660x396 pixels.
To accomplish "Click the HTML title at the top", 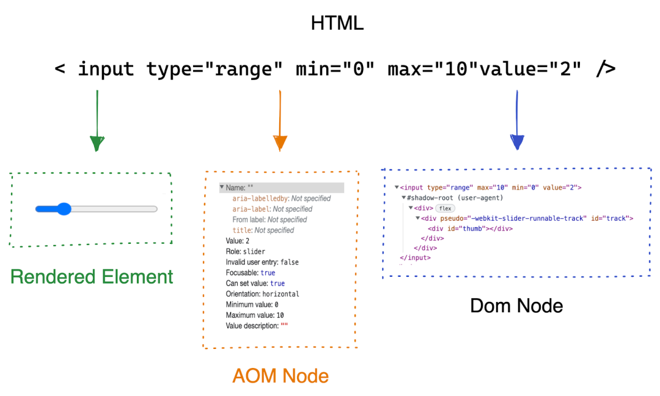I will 337,23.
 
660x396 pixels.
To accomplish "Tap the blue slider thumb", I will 63,209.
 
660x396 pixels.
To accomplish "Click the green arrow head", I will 97,143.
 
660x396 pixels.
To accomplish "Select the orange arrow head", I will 280,143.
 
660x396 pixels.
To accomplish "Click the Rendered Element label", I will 92,277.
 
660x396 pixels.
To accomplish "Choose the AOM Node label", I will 280,376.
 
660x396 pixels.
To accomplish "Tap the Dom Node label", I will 516,306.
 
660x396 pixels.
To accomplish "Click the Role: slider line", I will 245,251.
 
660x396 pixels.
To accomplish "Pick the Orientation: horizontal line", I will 262,294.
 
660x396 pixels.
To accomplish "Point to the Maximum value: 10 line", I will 255,315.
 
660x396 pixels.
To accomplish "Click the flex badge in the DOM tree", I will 445,208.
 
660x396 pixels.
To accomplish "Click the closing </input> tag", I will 415,258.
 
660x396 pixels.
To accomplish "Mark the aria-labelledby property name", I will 260,199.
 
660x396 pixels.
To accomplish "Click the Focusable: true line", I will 251,273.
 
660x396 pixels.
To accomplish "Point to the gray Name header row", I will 282,188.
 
